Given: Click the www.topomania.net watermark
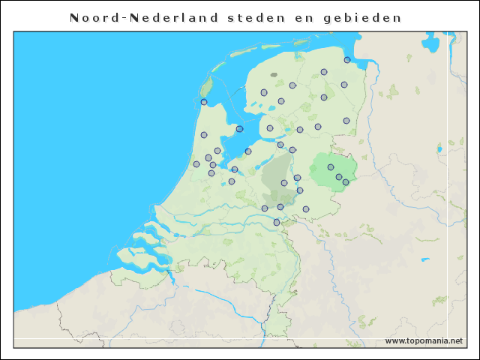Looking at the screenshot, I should click(424, 340).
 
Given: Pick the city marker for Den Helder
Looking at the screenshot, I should click(204, 102).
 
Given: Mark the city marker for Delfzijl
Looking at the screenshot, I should click(347, 60).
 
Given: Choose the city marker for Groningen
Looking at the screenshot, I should click(324, 72).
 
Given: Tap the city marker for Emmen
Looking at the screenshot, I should click(346, 121).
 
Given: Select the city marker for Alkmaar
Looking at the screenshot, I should click(204, 135).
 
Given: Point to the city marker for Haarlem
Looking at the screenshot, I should click(196, 164).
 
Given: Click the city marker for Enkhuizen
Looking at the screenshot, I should click(240, 129).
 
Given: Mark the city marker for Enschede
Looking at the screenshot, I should click(346, 182).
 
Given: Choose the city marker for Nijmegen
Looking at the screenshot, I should click(277, 222).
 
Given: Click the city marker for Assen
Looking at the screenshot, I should click(324, 97).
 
